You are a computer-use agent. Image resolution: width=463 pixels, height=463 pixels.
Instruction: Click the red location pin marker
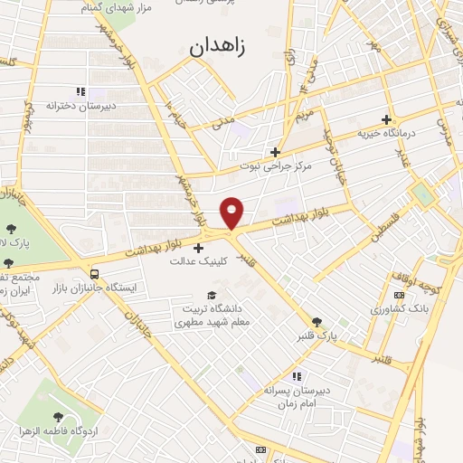pyautogui.click(x=232, y=212)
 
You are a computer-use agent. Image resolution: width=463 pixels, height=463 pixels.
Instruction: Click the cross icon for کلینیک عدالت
pyautogui.click(x=199, y=248)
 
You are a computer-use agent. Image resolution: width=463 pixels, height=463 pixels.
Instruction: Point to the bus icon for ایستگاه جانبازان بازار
pyautogui.click(x=95, y=274)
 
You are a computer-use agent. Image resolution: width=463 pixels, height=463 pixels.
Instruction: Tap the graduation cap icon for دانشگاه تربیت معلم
pyautogui.click(x=212, y=296)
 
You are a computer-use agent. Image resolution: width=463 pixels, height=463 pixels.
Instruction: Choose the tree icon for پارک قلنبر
pyautogui.click(x=317, y=322)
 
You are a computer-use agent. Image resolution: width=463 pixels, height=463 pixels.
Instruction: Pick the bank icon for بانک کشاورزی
pyautogui.click(x=399, y=296)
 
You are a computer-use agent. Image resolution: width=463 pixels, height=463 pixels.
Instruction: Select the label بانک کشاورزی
pyautogui.click(x=397, y=309)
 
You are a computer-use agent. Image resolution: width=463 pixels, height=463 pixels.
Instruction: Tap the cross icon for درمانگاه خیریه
pyautogui.click(x=386, y=119)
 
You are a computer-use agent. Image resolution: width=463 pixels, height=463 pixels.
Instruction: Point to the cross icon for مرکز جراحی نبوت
pyautogui.click(x=276, y=152)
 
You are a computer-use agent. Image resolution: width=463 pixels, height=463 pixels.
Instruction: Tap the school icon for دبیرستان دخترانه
pyautogui.click(x=80, y=91)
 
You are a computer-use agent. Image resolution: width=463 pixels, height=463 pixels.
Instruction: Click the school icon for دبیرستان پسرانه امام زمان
pyautogui.click(x=295, y=376)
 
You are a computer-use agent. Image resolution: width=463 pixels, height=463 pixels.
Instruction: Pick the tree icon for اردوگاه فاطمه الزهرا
pyautogui.click(x=59, y=417)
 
